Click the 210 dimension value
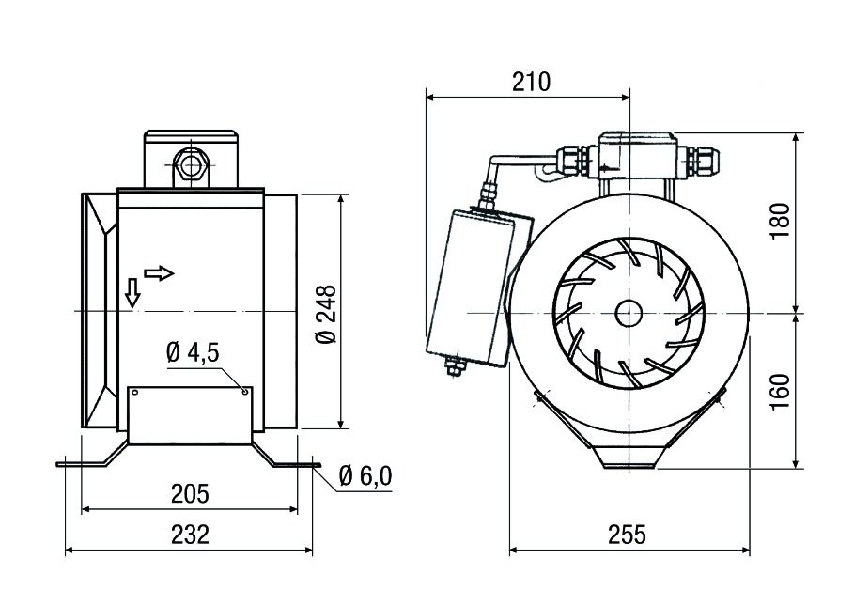(x=530, y=82)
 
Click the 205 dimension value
(x=191, y=494)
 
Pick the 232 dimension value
(x=191, y=535)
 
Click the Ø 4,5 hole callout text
(x=192, y=353)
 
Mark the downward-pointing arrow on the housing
(x=133, y=294)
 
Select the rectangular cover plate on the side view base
(x=191, y=414)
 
